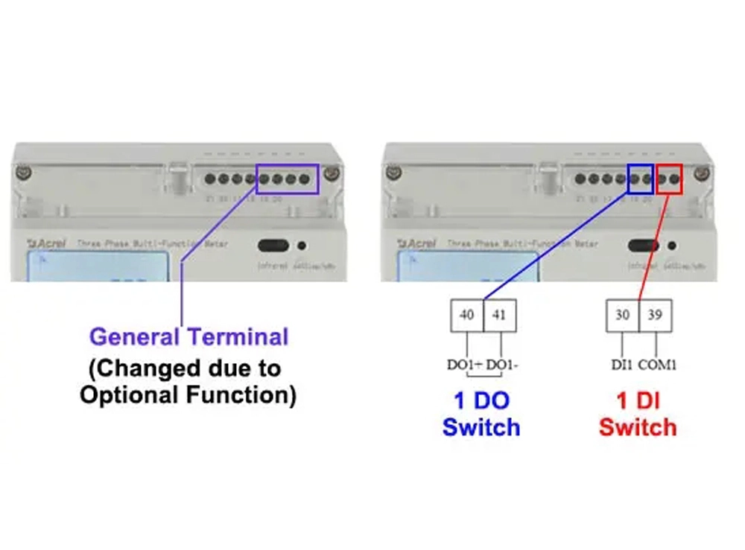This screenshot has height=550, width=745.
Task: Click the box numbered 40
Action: (466, 315)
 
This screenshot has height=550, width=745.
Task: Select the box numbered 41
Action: (499, 315)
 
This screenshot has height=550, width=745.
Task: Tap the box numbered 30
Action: (622, 315)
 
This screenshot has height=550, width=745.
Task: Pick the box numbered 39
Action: (656, 315)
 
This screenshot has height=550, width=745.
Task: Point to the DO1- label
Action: (503, 365)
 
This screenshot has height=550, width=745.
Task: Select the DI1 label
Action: (620, 365)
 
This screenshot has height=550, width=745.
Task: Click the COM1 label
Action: (659, 365)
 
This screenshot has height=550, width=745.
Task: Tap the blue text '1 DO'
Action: (481, 401)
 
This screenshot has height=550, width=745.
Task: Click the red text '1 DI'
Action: (638, 401)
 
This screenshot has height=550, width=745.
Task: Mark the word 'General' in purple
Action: (134, 336)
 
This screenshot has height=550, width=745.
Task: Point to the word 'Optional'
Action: (126, 394)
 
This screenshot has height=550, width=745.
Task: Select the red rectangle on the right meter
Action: (669, 179)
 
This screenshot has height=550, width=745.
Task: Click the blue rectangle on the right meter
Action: (640, 179)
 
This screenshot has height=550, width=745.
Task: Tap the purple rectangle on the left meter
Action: (288, 179)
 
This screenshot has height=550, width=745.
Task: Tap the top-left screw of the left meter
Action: (25, 173)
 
